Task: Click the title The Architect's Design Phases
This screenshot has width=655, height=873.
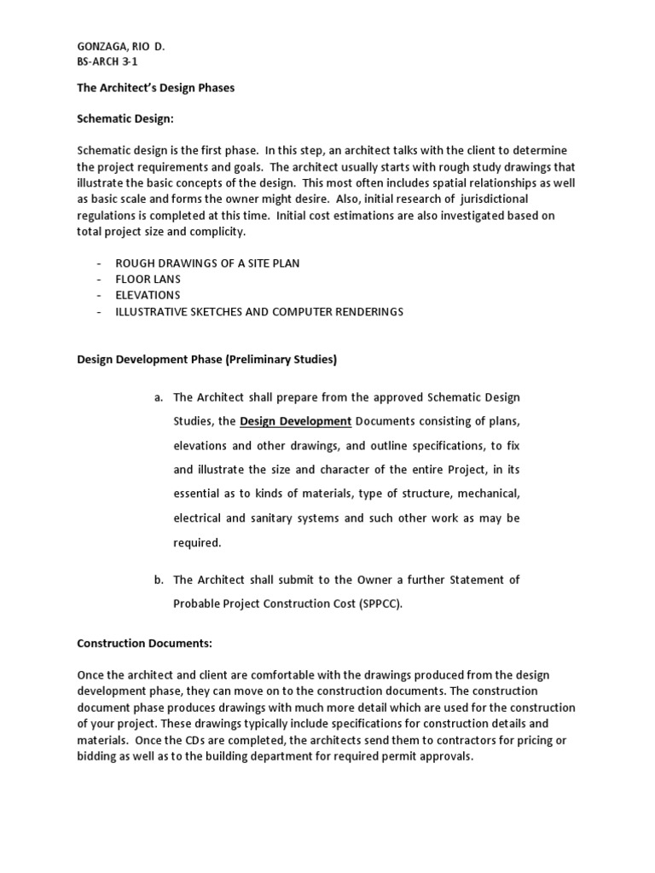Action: pos(155,88)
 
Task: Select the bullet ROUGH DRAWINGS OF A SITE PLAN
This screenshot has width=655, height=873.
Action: pos(207,263)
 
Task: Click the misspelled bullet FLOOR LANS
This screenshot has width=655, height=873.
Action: pos(148,279)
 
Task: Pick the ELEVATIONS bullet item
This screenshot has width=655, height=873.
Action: pos(148,295)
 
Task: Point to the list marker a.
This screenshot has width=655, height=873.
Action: pos(158,397)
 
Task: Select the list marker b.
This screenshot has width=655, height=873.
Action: pos(158,580)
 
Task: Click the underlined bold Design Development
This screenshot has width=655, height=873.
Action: pos(295,421)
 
